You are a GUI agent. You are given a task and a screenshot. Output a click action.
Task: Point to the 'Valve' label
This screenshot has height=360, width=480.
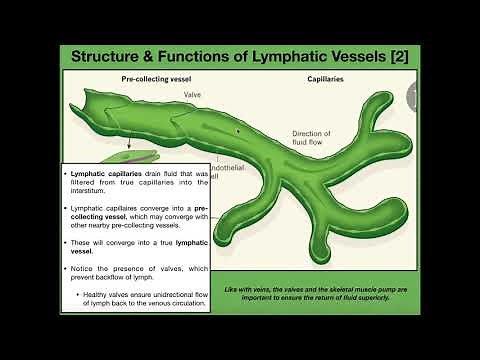192,94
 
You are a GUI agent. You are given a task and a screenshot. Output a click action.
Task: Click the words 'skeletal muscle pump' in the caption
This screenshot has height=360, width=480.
352,276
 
